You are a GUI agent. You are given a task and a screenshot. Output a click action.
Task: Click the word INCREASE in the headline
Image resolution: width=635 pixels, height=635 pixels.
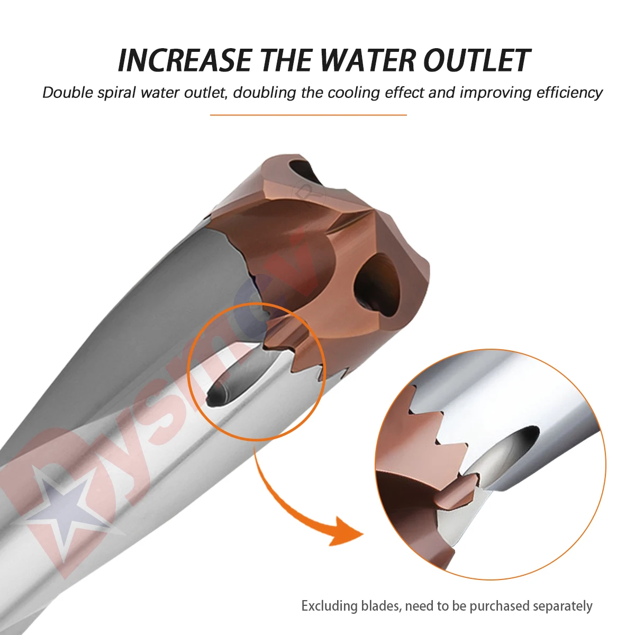[184, 60]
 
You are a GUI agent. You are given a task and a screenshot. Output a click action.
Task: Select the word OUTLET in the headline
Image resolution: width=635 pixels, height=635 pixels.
[476, 60]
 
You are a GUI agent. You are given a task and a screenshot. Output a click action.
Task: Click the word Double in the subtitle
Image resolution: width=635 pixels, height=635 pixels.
[68, 93]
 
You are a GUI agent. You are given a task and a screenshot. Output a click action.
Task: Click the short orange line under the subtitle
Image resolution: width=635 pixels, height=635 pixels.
[308, 114]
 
